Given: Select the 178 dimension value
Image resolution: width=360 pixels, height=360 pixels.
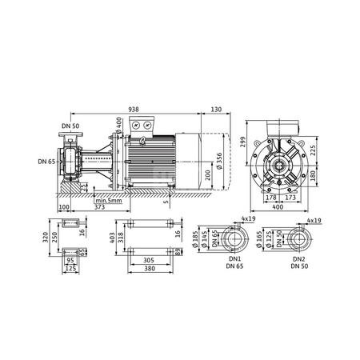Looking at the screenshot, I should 270,197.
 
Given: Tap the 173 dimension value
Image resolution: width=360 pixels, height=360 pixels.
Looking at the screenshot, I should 290,197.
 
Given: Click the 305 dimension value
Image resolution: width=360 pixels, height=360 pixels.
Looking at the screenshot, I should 149,260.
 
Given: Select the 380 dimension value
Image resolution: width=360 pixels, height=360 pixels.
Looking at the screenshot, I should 149,270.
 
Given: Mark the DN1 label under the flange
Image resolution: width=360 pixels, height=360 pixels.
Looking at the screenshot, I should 234,260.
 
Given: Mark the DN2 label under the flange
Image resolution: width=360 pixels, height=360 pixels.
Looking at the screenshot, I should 298,260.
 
